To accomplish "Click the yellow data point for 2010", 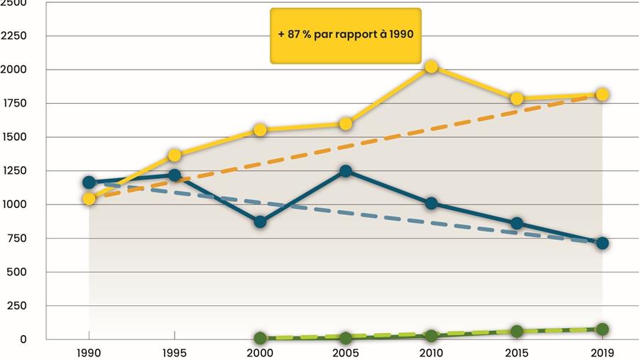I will point(431,67).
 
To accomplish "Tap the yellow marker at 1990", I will point(89,199).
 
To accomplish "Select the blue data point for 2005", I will point(346,171).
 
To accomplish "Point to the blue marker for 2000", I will point(260,222).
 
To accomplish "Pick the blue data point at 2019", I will point(602,243).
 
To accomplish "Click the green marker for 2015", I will point(517,331).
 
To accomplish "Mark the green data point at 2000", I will point(260,339).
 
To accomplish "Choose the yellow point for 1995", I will point(175,155).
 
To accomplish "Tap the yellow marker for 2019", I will point(602,94).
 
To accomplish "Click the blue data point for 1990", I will point(89,182).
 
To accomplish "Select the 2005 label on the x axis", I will point(346,352).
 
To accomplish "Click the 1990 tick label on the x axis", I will point(89,352).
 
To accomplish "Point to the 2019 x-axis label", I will point(602,352).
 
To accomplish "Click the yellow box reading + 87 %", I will point(346,36).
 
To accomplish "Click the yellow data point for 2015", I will point(517,99).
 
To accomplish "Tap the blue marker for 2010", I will point(431,204).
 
